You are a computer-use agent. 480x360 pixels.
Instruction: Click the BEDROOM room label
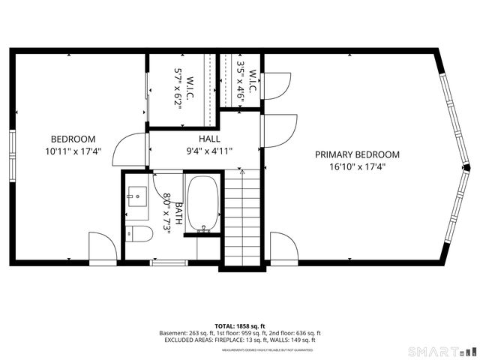click(x=73, y=139)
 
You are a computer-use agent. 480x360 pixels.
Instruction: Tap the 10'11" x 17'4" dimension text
click(x=73, y=151)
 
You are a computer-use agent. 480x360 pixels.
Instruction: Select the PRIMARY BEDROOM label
click(x=357, y=154)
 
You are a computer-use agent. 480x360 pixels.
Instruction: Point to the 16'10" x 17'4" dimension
click(x=357, y=166)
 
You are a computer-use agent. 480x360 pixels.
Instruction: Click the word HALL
click(x=209, y=139)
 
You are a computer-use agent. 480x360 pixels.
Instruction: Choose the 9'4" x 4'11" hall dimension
click(x=209, y=151)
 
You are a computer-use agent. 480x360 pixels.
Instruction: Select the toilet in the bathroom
click(x=139, y=234)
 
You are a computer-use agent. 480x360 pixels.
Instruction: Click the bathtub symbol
click(x=200, y=202)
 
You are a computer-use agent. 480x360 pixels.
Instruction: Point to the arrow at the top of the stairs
click(x=241, y=172)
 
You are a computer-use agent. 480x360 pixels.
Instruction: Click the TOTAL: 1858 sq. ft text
click(x=239, y=325)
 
